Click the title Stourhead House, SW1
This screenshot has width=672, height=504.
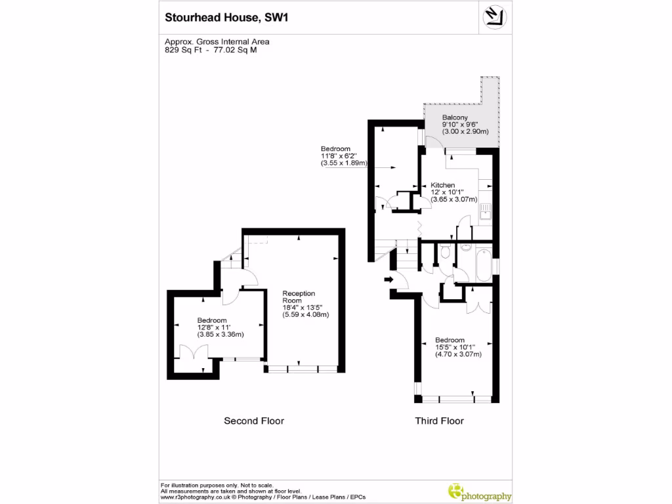(x=226, y=18)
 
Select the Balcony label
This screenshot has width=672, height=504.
(x=454, y=117)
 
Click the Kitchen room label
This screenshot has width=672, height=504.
(x=443, y=185)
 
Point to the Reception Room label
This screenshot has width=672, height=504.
(x=299, y=297)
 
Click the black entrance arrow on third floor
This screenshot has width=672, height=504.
(x=388, y=280)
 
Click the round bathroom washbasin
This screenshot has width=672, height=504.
(x=465, y=247)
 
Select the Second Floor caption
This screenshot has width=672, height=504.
(x=254, y=421)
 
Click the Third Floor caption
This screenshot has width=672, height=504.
(x=439, y=421)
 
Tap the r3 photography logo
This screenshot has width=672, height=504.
(x=478, y=492)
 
